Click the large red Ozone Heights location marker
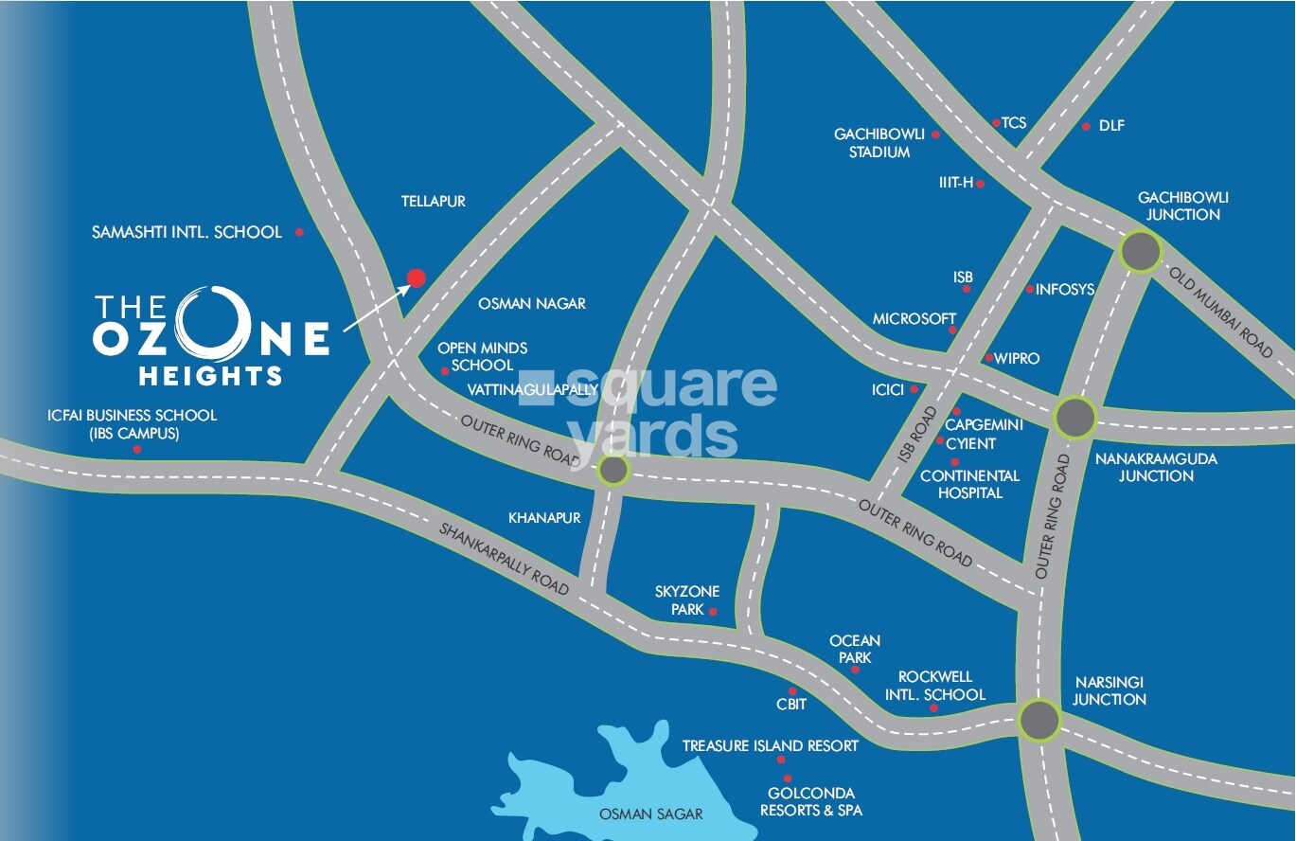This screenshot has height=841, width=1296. (x=416, y=277)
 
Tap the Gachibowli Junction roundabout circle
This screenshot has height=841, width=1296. (x=1140, y=253)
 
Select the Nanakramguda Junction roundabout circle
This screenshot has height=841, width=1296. (x=1074, y=417)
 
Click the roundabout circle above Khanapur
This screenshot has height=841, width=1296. (x=612, y=470)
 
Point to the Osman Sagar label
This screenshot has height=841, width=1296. (x=651, y=814)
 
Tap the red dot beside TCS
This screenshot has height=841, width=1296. (x=995, y=123)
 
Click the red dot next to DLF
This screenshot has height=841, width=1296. (x=1086, y=126)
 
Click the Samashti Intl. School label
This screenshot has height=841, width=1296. (x=186, y=232)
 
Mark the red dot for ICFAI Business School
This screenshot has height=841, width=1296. (x=136, y=450)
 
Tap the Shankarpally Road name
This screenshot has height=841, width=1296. (x=503, y=558)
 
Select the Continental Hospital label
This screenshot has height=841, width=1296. (x=969, y=484)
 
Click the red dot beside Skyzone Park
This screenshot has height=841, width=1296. (x=713, y=612)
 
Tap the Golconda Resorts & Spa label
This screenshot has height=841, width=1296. (x=811, y=801)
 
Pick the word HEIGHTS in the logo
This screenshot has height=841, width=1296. (x=210, y=375)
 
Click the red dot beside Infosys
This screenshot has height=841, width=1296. (x=1030, y=289)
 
